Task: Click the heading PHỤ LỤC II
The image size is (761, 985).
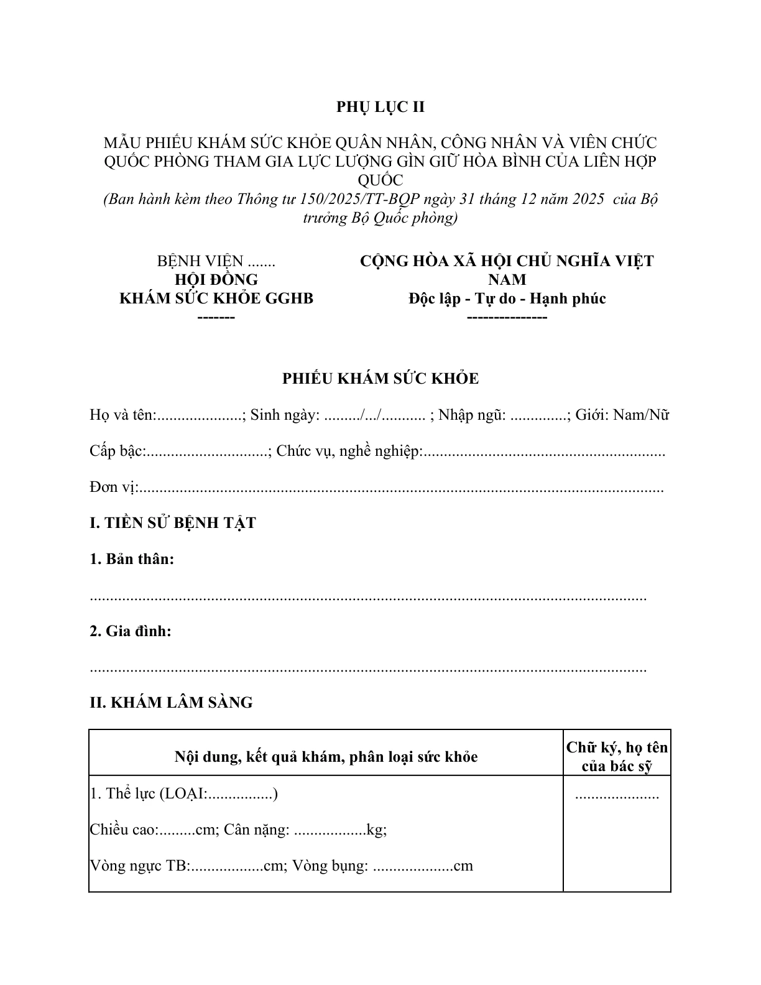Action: coord(380,107)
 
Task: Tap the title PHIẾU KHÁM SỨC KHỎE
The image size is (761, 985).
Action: coord(380,379)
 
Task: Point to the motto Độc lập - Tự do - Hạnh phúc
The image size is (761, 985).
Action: coord(507,298)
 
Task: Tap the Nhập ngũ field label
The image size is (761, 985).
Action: coord(472,415)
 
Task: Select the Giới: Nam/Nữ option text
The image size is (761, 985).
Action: coord(622,415)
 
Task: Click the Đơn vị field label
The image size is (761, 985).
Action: coord(113,487)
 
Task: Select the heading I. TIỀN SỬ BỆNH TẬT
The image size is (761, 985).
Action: coord(172,523)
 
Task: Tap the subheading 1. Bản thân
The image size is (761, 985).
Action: coord(132,559)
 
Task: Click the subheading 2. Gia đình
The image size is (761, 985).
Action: coord(131,631)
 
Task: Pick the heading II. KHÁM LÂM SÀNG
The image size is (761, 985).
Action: coord(171,703)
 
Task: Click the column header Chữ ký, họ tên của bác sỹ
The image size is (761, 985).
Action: coord(617,757)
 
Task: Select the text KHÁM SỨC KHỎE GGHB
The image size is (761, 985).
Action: coord(216,298)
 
